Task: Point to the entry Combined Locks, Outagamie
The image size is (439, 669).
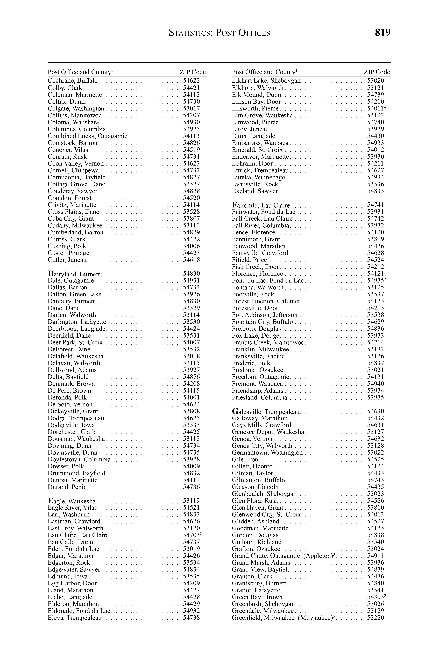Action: point(88,136)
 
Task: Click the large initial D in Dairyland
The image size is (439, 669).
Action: point(51,273)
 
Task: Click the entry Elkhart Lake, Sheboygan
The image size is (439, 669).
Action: point(266,81)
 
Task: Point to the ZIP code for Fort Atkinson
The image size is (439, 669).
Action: point(376,315)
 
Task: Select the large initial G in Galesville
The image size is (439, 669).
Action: point(235,411)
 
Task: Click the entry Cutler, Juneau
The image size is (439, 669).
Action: point(67,260)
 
